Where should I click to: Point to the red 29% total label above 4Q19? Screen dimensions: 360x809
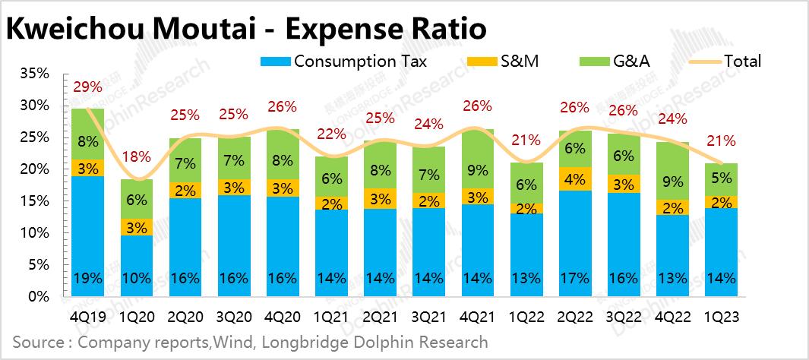(87, 87)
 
